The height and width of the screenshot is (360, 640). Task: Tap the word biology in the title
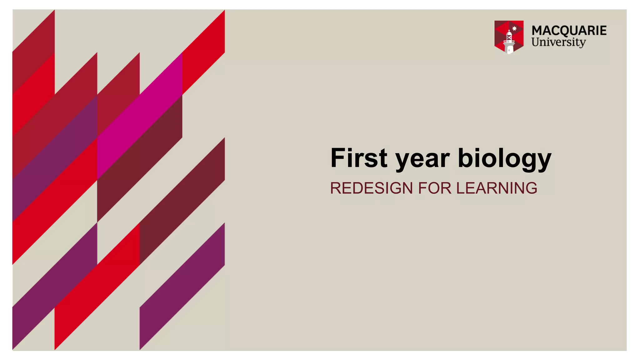(x=504, y=159)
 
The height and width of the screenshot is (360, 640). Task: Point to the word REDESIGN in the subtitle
(x=371, y=188)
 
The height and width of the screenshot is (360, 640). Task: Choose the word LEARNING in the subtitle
(x=497, y=188)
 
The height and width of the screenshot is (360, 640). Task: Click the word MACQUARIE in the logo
(x=569, y=31)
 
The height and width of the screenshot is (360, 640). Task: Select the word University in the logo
(x=558, y=42)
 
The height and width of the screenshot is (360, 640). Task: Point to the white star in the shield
(x=514, y=28)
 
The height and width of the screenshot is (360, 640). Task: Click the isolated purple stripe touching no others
(x=182, y=286)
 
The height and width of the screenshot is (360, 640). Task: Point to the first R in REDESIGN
(x=336, y=188)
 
